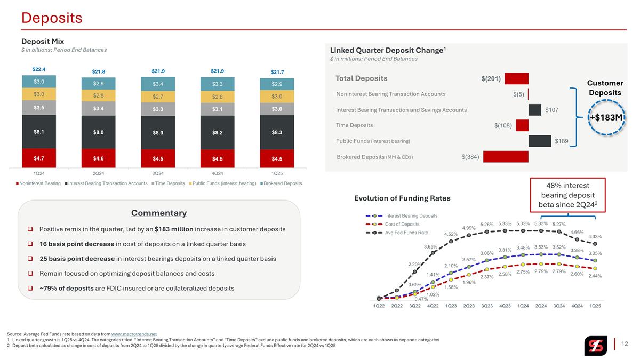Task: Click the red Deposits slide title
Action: tap(52, 18)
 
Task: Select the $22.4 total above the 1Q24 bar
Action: tap(39, 69)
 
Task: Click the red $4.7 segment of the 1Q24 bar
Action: tap(39, 158)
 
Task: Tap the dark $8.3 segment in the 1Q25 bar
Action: tap(277, 132)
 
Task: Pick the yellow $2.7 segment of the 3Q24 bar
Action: tap(158, 97)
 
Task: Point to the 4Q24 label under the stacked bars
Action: tap(217, 173)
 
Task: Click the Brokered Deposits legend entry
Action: tap(281, 183)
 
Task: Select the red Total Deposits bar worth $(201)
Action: tap(517, 78)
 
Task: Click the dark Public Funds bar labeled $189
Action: tap(540, 141)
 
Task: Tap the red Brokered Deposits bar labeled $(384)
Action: tap(506, 157)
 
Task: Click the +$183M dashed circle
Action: tap(606, 117)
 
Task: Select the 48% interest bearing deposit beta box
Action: tap(567, 195)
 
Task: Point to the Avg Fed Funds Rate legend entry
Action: tap(397, 233)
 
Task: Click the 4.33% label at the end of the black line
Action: tap(595, 237)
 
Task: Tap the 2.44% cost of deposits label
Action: tap(595, 276)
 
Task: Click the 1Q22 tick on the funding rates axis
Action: tap(379, 306)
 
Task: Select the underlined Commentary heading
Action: tap(159, 213)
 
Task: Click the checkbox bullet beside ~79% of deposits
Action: tap(30, 289)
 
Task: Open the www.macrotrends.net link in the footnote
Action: tap(134, 334)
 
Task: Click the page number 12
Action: tap(625, 343)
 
